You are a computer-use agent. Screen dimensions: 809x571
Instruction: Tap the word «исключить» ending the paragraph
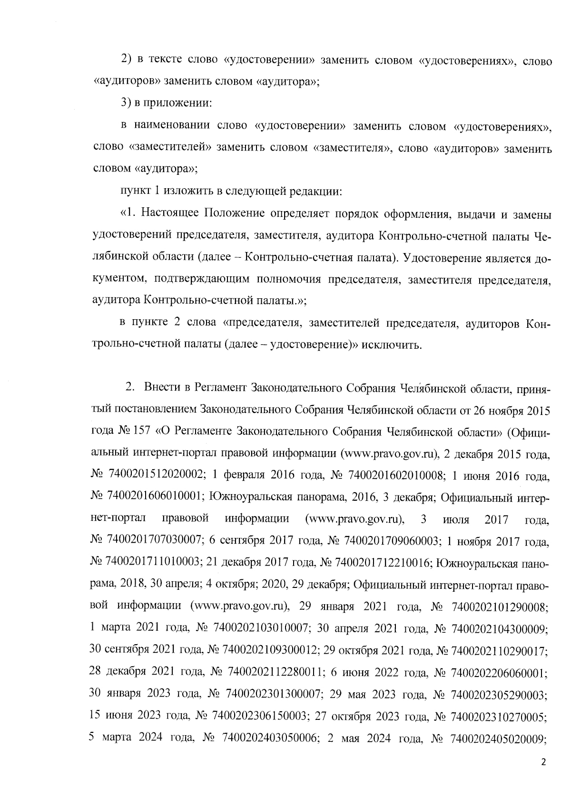click(391, 344)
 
